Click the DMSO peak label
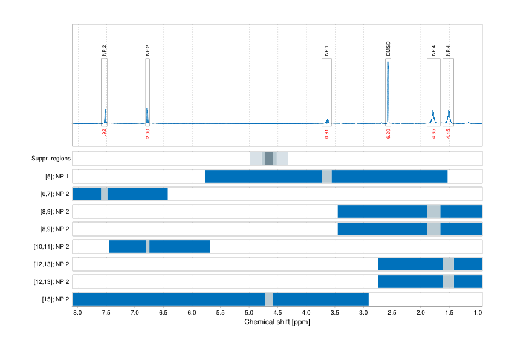click(x=388, y=49)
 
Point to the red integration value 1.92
click(x=105, y=134)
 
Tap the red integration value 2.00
click(x=148, y=134)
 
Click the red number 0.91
click(x=326, y=134)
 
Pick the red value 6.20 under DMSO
click(x=388, y=134)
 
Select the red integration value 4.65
click(x=433, y=134)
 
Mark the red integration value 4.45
click(x=449, y=134)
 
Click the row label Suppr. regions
click(x=51, y=159)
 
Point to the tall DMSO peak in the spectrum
click(x=388, y=85)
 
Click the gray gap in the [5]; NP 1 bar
click(x=327, y=176)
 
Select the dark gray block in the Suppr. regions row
click(x=269, y=159)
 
